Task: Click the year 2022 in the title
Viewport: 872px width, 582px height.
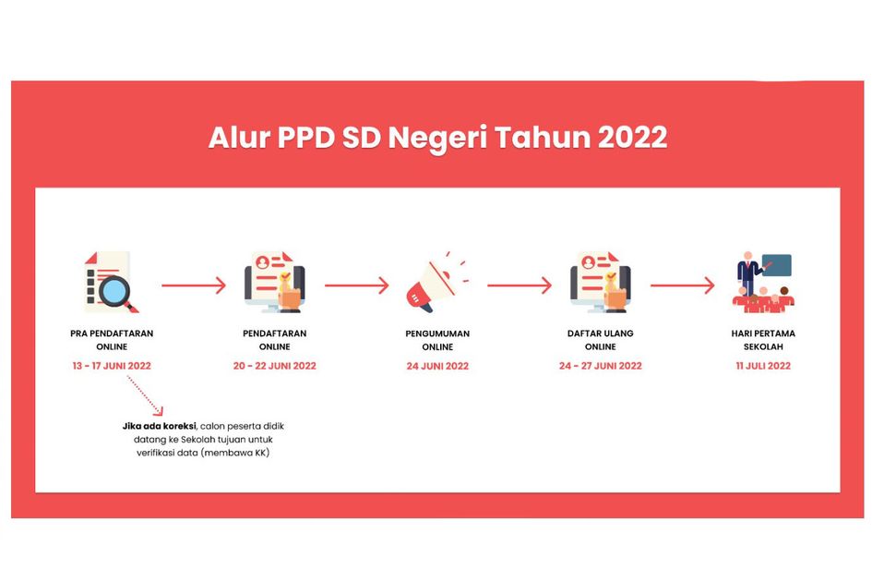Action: point(632,137)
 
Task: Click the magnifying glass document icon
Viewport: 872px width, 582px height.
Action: point(110,282)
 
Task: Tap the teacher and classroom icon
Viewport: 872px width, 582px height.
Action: point(763,282)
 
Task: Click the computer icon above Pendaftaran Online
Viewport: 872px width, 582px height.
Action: point(275,282)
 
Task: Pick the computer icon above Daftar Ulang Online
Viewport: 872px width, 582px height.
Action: point(601,282)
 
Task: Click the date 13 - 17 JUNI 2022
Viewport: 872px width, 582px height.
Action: point(112,366)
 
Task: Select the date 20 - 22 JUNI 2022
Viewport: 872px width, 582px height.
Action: point(275,366)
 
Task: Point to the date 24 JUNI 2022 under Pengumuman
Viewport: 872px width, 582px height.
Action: point(437,366)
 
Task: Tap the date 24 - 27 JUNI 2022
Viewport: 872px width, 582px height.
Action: point(601,366)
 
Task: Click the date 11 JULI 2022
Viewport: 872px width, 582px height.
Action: point(763,366)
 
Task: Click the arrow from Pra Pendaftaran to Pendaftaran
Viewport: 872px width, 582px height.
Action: point(194,285)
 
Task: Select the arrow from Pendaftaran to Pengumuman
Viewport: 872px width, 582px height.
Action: point(357,285)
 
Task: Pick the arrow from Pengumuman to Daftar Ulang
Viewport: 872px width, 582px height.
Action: point(520,285)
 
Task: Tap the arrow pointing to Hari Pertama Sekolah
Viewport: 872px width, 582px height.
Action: point(682,285)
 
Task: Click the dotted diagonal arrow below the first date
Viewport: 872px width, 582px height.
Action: point(145,396)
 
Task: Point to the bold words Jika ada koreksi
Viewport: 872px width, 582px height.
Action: point(159,426)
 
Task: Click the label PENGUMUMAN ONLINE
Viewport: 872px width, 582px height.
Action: point(437,340)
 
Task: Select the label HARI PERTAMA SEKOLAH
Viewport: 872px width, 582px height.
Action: point(763,340)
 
